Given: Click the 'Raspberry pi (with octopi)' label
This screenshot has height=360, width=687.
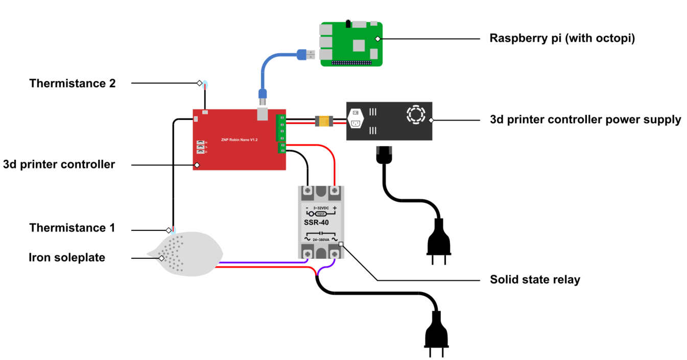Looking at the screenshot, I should click(562, 39).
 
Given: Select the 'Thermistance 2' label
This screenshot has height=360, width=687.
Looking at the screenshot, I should click(73, 83).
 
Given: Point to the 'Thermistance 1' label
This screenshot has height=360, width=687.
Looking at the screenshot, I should click(72, 228).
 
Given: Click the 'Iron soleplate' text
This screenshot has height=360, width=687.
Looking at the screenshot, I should click(67, 257).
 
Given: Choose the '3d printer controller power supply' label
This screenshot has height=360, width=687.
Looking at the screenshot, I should click(585, 120).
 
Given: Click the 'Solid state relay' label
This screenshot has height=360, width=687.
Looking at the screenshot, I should click(535, 280).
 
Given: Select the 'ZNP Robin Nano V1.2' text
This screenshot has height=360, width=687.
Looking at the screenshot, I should click(239, 138).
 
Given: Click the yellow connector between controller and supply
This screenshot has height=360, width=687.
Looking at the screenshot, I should click(324, 121).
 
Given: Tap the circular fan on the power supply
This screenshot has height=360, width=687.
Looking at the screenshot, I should click(415, 114).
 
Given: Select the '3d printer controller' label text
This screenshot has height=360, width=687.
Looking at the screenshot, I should click(59, 165).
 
